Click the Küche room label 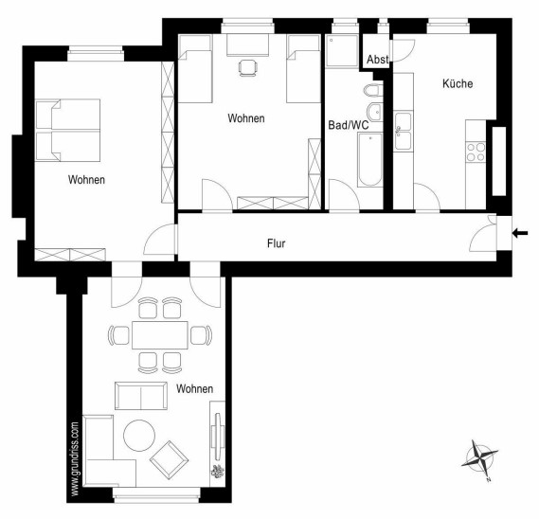(458, 83)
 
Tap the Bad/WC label (349, 125)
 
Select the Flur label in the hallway (276, 243)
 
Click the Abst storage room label (377, 59)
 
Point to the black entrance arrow (520, 233)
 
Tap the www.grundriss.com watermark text (75, 458)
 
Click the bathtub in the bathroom (369, 160)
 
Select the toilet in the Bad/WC (373, 90)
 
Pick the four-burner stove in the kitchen (476, 152)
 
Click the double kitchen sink (404, 131)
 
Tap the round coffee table (139, 435)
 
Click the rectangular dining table (160, 335)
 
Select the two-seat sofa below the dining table (141, 396)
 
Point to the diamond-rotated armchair (169, 460)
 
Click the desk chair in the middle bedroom (247, 68)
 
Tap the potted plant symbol (217, 471)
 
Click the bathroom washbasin (375, 112)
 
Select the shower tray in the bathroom (342, 50)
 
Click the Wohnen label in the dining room (194, 388)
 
